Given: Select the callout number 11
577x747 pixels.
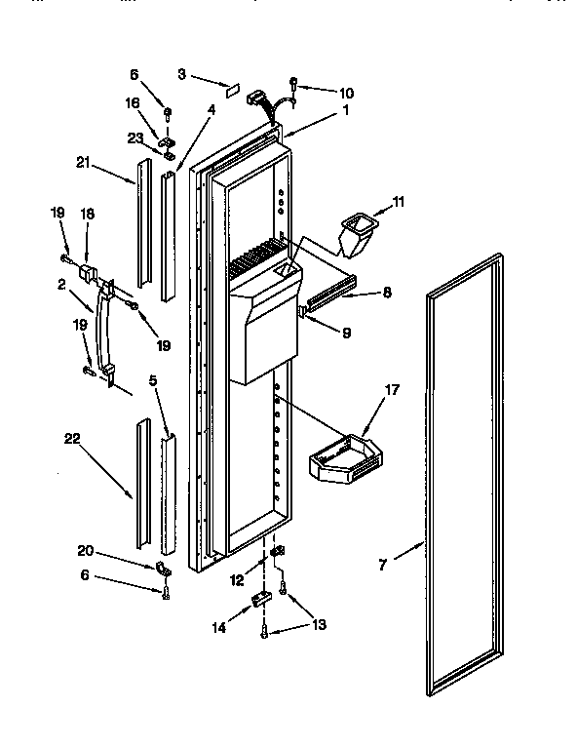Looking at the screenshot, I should point(397,202).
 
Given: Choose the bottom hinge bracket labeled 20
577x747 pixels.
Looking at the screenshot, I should point(164,570).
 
